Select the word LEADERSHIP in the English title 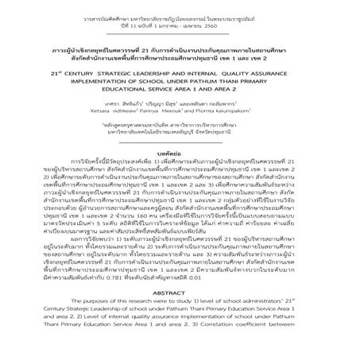[x=156, y=81]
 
